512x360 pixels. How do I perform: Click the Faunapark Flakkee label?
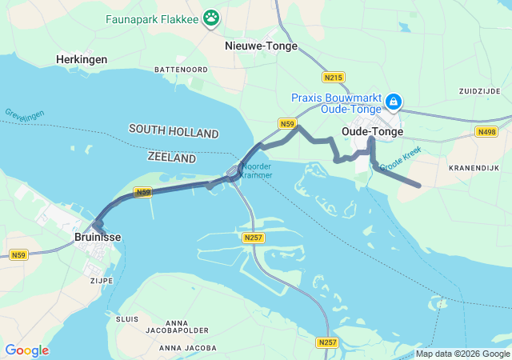click(152, 17)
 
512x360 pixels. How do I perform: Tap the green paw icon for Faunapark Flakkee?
click(211, 17)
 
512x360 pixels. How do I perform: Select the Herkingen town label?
click(82, 59)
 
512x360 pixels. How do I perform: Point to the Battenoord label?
click(181, 70)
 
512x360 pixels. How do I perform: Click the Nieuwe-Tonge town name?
click(261, 46)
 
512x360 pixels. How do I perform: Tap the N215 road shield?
click(334, 77)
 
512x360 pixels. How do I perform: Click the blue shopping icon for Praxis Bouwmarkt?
click(393, 102)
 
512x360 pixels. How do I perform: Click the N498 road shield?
click(485, 131)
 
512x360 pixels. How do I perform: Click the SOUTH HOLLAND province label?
click(174, 130)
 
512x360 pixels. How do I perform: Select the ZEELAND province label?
click(172, 158)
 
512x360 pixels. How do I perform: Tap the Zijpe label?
click(102, 281)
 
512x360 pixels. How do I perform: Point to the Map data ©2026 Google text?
click(462, 354)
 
